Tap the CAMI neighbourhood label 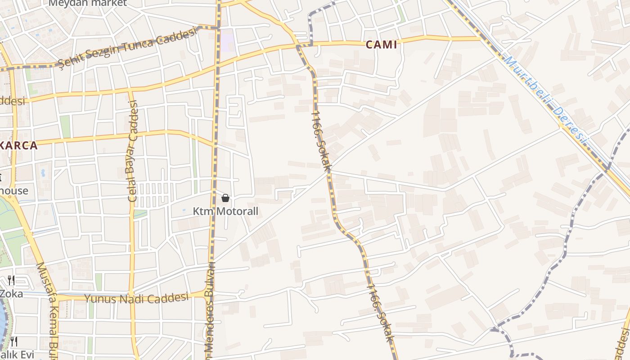click(x=382, y=45)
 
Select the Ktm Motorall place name click(x=225, y=211)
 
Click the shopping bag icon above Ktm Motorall click(x=225, y=198)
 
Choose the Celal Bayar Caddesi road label click(x=133, y=151)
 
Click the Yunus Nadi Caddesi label click(x=136, y=298)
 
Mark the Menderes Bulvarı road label click(x=210, y=310)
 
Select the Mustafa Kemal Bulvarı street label click(x=49, y=310)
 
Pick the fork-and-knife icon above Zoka click(x=11, y=281)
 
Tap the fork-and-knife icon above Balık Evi click(x=14, y=342)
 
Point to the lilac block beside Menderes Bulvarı click(x=227, y=40)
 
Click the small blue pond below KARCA click(x=43, y=172)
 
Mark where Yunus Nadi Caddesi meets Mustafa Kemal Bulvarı click(x=56, y=297)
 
